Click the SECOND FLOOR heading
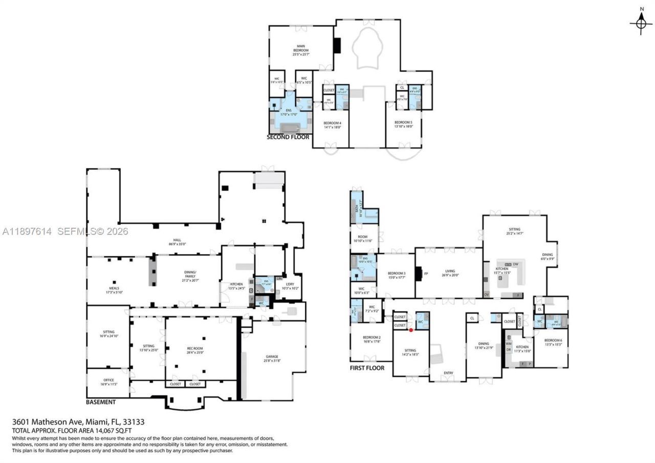(288, 137)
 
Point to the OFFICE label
(108, 382)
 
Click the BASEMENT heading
(101, 402)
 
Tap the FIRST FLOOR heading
(367, 368)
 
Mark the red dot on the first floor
(411, 330)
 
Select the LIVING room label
(450, 273)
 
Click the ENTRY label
(448, 373)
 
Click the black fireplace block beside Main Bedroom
(337, 46)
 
